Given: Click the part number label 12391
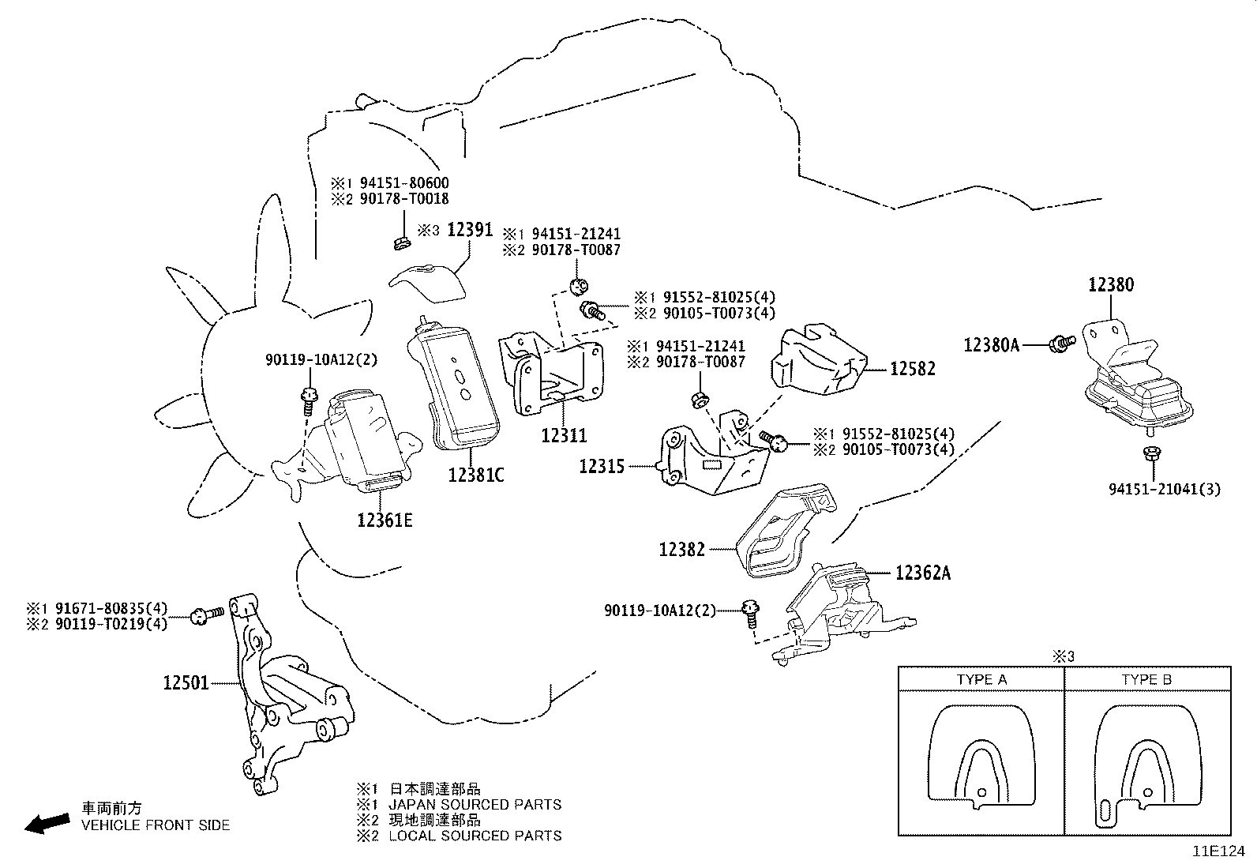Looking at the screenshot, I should pyautogui.click(x=470, y=230).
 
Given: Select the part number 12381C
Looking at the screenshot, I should pyautogui.click(x=475, y=475).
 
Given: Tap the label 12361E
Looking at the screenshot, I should pyautogui.click(x=385, y=520).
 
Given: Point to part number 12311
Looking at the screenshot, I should pyautogui.click(x=564, y=435).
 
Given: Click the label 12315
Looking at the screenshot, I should pyautogui.click(x=602, y=466).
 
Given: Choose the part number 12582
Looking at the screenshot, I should pyautogui.click(x=913, y=369).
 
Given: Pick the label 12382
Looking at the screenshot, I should pyautogui.click(x=682, y=548).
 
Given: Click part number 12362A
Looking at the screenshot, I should pyautogui.click(x=923, y=573).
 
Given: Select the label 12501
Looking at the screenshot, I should pyautogui.click(x=186, y=682).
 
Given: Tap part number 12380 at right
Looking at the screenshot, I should pyautogui.click(x=1111, y=285).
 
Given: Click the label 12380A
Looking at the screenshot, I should pyautogui.click(x=992, y=344).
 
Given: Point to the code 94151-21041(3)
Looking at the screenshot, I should pyautogui.click(x=1164, y=490).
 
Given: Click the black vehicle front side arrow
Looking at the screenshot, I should pyautogui.click(x=47, y=823).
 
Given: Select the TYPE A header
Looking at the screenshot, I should pyautogui.click(x=981, y=679).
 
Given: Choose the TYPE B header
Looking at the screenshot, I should pyautogui.click(x=1146, y=679).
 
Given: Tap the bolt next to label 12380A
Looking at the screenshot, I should pyautogui.click(x=1060, y=342).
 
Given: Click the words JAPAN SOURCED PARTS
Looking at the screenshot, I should pyautogui.click(x=475, y=805).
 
